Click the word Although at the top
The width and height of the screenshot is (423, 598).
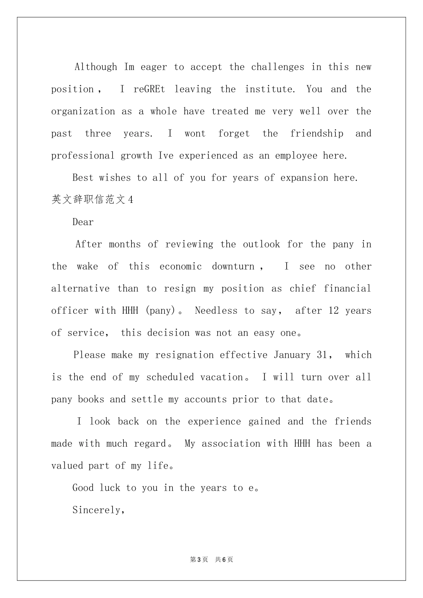pyautogui.click(x=96, y=67)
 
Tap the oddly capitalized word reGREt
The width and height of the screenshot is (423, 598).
pyautogui.click(x=149, y=89)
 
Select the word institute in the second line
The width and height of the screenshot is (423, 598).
pyautogui.click(x=269, y=89)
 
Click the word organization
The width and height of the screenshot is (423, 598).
pyautogui.click(x=83, y=112)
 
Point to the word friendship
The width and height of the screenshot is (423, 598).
pyautogui.click(x=317, y=133)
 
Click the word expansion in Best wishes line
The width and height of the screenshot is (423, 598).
pyautogui.click(x=304, y=178)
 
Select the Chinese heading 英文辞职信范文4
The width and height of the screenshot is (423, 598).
pyautogui.click(x=92, y=200)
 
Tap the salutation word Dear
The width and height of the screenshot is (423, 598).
pyautogui.click(x=83, y=222)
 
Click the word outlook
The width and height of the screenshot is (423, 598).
pyautogui.click(x=261, y=244)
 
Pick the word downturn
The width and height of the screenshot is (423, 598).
pyautogui.click(x=233, y=267)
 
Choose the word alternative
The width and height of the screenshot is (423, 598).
pyautogui.click(x=80, y=289)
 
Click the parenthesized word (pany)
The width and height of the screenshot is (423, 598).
pyautogui.click(x=161, y=311)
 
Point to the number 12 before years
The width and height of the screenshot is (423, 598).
pyautogui.click(x=334, y=311)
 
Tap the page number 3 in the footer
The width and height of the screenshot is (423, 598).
pyautogui.click(x=199, y=560)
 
